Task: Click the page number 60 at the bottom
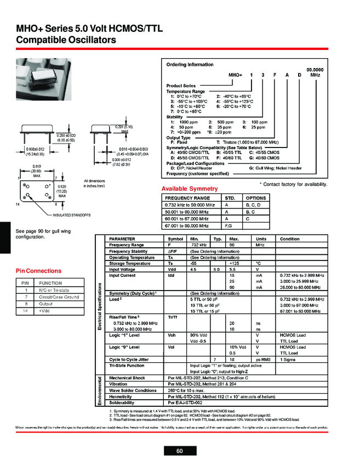tap(180, 451)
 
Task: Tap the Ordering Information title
tap(190, 65)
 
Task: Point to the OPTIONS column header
tap(255, 197)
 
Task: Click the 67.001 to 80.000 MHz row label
tap(187, 225)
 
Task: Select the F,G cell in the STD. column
tap(230, 225)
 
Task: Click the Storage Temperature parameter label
tap(129, 263)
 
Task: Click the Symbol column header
tap(176, 239)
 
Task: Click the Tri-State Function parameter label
tap(127, 365)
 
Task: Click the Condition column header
tap(289, 239)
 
